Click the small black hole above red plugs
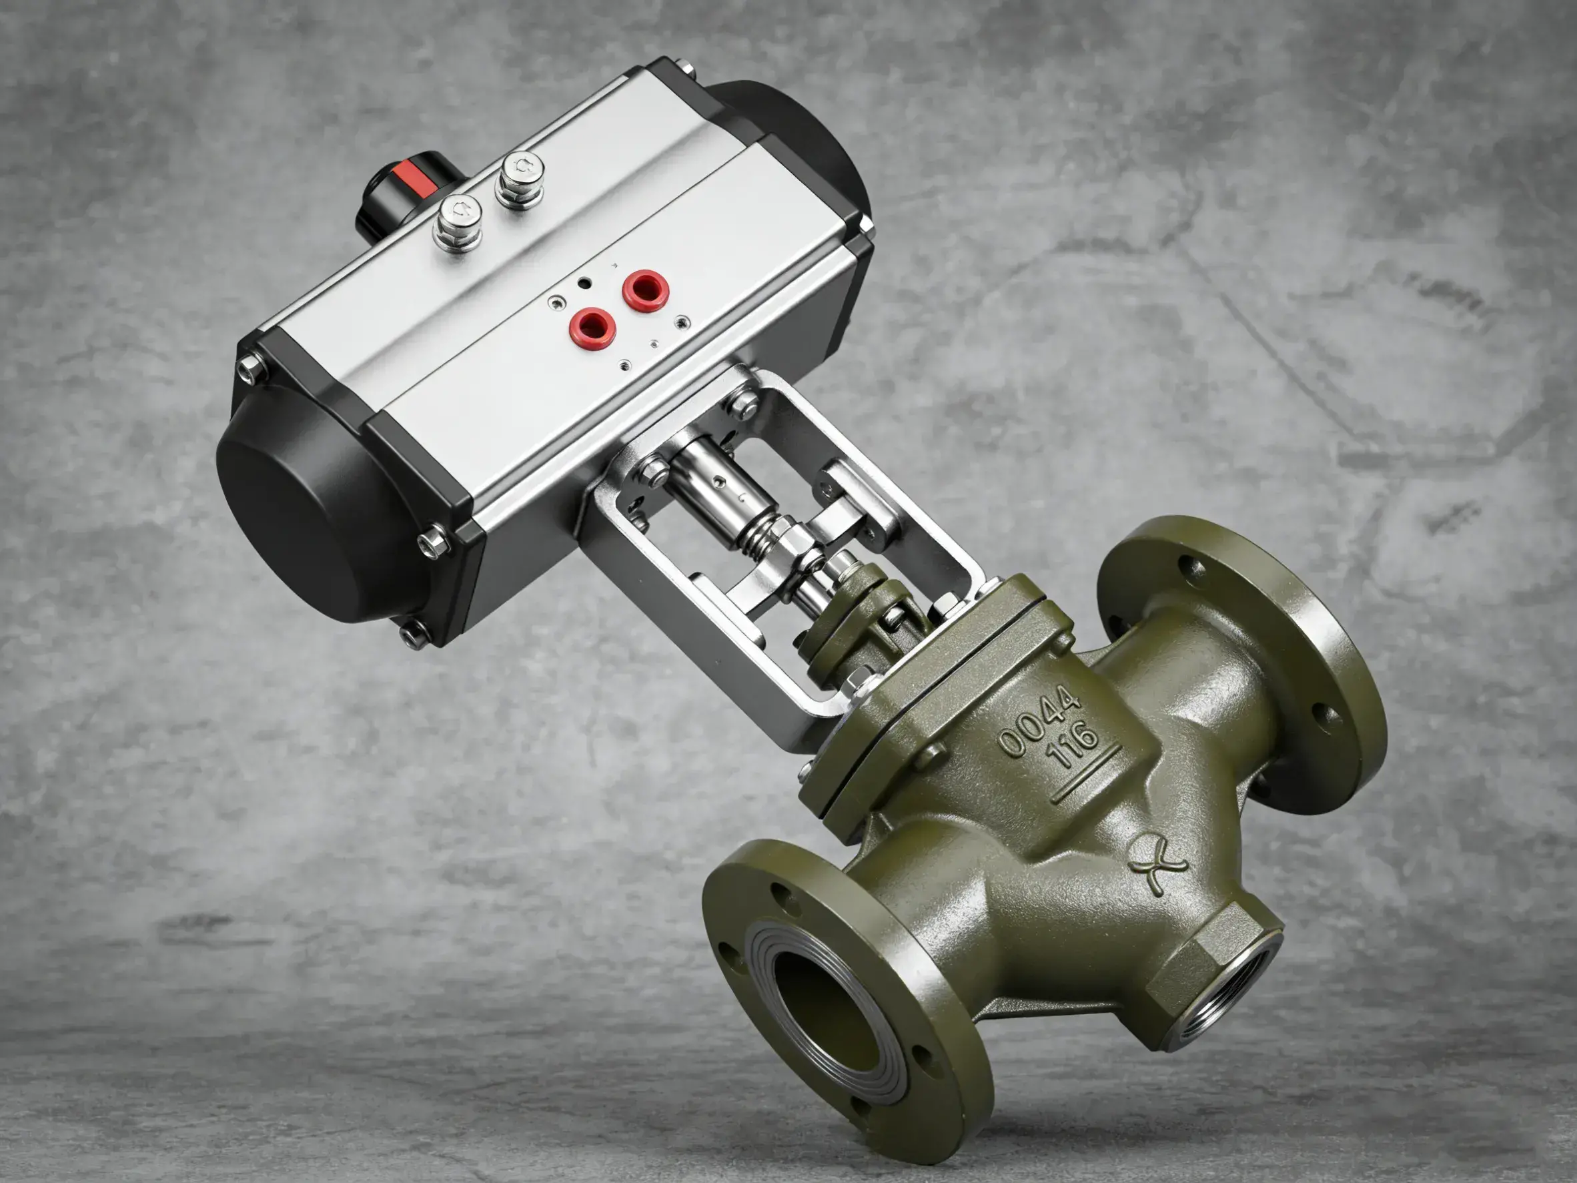pos(584,284)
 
